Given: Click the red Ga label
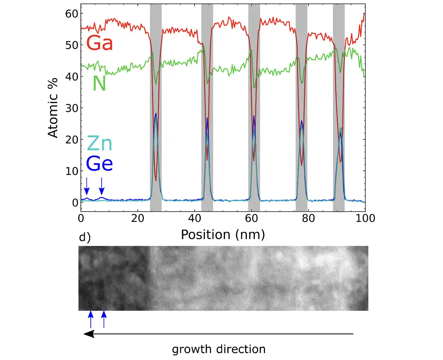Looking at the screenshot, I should (99, 44).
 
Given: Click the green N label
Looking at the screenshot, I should (99, 84).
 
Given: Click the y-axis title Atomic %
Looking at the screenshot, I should (54, 107).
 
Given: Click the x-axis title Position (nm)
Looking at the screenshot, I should (223, 234).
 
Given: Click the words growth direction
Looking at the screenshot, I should (219, 349).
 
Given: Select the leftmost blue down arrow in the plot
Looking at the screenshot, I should (86, 186).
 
